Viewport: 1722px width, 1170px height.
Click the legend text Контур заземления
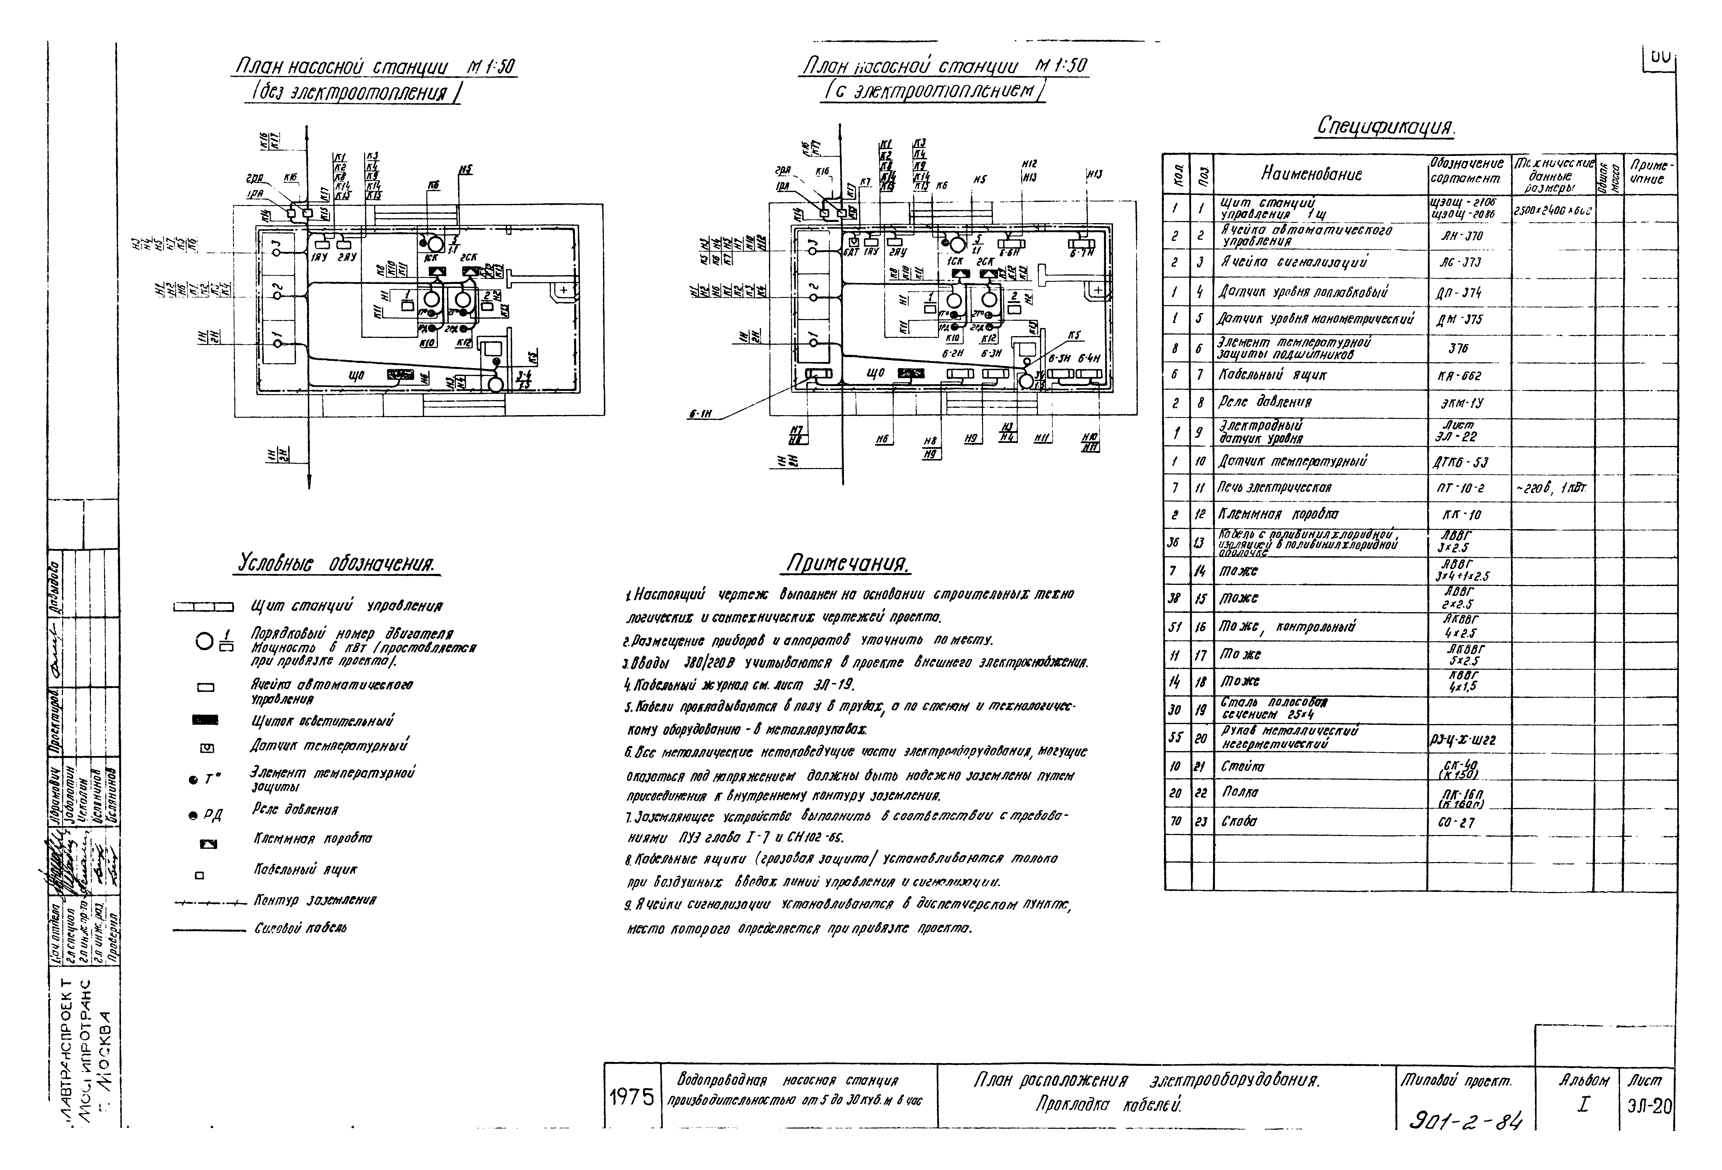(315, 901)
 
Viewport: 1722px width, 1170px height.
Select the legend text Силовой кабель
(300, 928)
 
